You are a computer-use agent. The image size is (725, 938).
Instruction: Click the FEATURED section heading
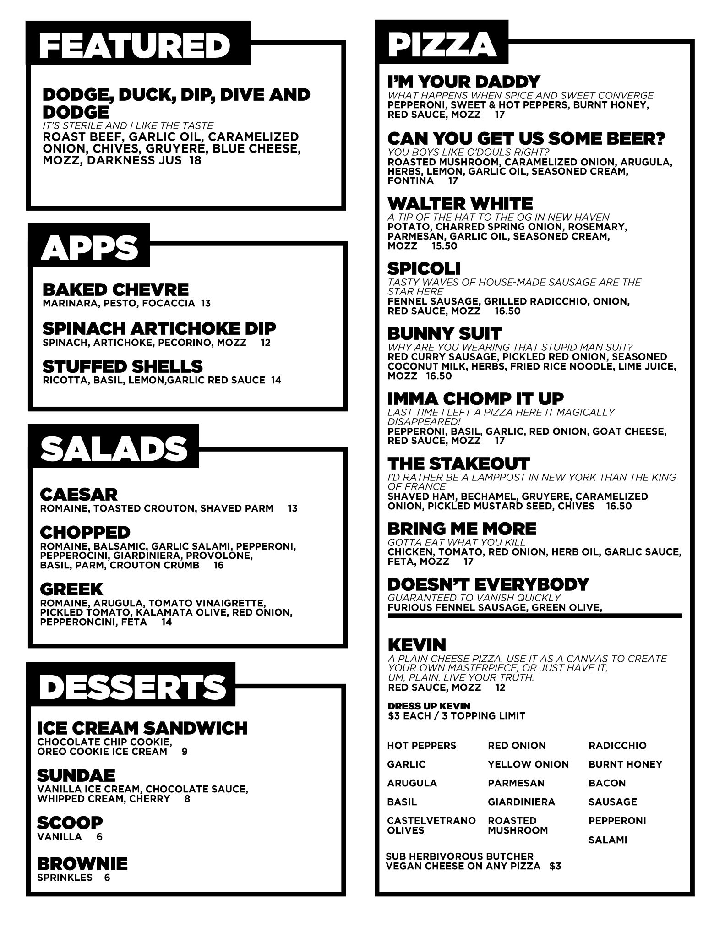point(135,45)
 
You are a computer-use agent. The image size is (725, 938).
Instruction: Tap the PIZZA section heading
point(442,44)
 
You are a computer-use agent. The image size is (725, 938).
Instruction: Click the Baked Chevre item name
point(115,289)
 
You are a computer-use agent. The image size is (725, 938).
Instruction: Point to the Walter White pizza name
point(460,203)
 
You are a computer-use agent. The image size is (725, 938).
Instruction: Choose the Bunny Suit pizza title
point(444,333)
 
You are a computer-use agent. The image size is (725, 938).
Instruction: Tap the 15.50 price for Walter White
point(444,246)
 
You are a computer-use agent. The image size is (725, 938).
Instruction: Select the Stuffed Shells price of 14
point(276,380)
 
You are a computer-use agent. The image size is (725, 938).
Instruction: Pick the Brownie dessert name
point(82,864)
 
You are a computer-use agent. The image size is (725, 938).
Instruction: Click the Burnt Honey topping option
point(625,764)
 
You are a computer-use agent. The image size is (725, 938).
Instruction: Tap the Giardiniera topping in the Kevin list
point(521,802)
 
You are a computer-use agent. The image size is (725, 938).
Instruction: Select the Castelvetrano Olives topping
point(431,825)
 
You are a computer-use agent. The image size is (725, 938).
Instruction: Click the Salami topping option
point(608,840)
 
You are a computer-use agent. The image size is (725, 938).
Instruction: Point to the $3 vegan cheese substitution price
point(555,866)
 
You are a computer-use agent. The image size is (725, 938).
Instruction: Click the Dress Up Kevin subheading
point(429,706)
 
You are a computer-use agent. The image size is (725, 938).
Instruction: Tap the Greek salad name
point(71,589)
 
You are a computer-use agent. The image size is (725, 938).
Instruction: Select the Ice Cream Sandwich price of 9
point(185,752)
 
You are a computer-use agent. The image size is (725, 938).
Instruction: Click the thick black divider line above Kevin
point(534,616)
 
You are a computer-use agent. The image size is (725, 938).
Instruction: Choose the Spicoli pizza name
point(424,268)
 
